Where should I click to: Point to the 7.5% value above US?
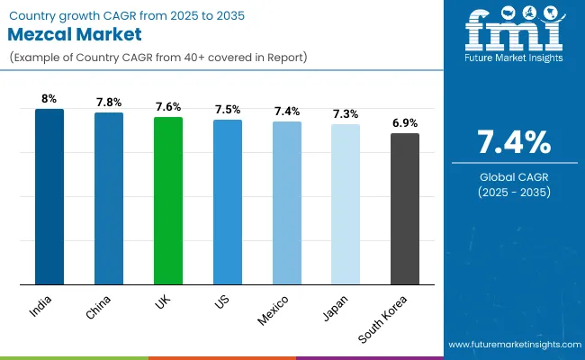pos(228,110)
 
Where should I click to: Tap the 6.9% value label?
pos(405,123)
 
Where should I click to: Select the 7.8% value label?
pos(109,103)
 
